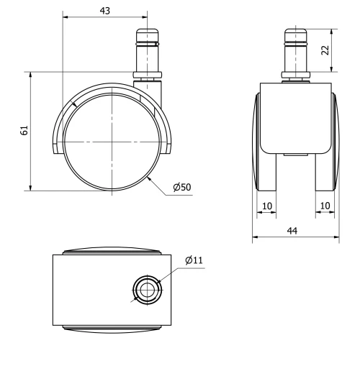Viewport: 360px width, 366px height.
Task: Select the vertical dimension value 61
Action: click(24, 130)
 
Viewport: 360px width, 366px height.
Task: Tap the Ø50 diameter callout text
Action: click(181, 188)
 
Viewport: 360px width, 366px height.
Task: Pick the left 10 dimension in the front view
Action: click(266, 206)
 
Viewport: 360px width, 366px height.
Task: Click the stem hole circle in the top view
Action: click(147, 289)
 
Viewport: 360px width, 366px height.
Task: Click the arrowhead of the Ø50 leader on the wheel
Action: click(149, 176)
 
